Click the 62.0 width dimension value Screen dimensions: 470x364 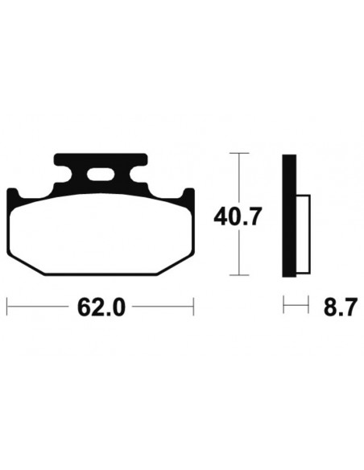click(101, 307)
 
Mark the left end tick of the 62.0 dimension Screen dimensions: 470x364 click(7, 307)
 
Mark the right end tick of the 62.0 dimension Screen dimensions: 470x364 click(194, 307)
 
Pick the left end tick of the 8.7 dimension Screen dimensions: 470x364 click(283, 307)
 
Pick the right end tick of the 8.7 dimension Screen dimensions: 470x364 click(309, 307)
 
